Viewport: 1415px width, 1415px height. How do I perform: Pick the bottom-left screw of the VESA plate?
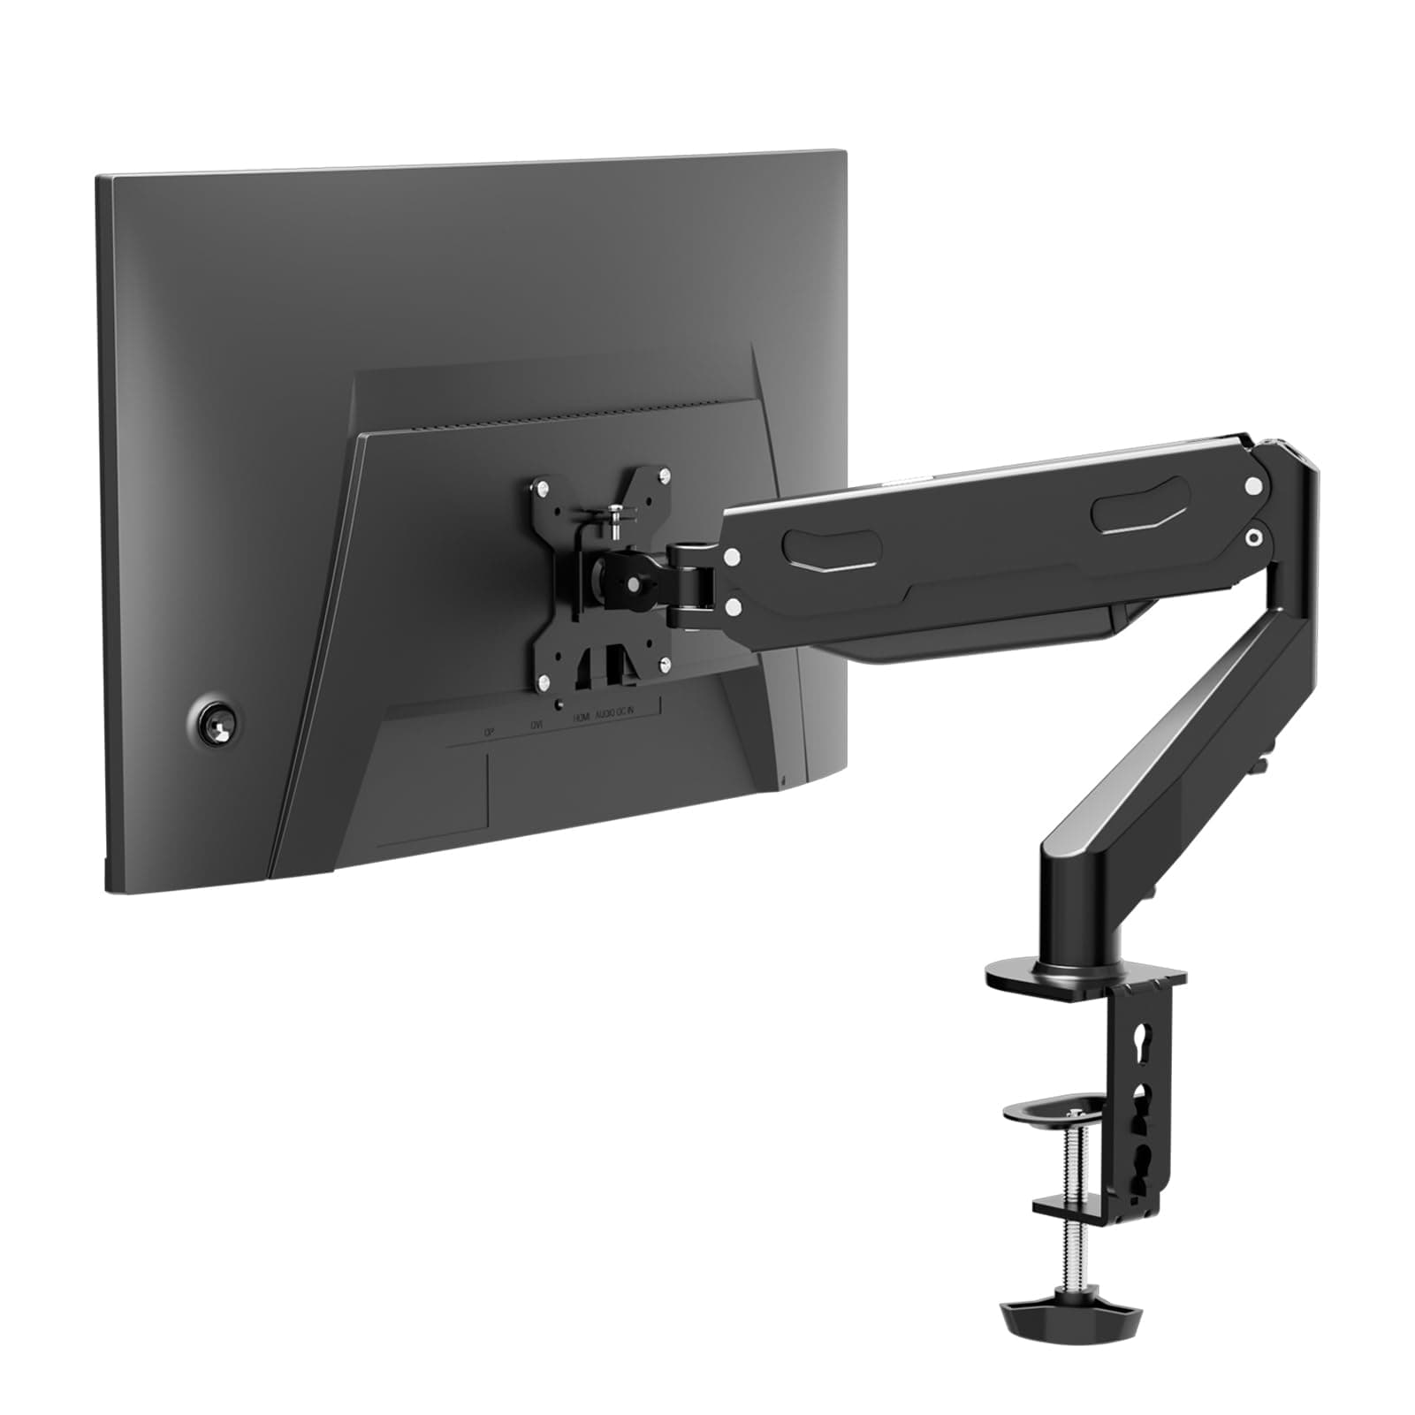(544, 681)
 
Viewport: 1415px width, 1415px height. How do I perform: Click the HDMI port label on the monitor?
(581, 718)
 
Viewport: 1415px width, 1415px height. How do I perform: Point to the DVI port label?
(536, 725)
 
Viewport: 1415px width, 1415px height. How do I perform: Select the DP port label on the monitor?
(488, 732)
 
